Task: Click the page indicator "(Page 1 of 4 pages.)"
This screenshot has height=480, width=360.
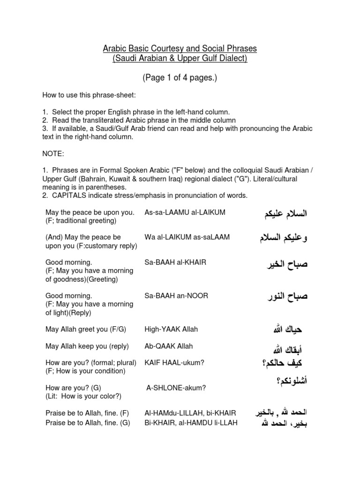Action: [x=180, y=78]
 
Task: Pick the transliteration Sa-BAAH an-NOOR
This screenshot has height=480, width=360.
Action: [x=176, y=296]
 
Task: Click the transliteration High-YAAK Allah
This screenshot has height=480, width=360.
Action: [x=171, y=329]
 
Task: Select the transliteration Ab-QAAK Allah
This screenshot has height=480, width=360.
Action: [x=169, y=346]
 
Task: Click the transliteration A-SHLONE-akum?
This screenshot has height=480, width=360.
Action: [x=176, y=388]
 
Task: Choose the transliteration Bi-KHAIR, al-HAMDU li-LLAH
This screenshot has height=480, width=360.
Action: [x=191, y=422]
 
